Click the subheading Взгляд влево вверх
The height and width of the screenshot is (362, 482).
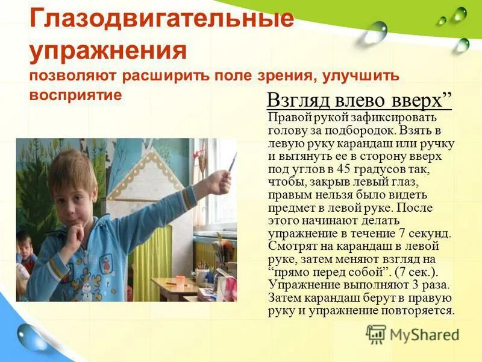click(359, 100)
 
